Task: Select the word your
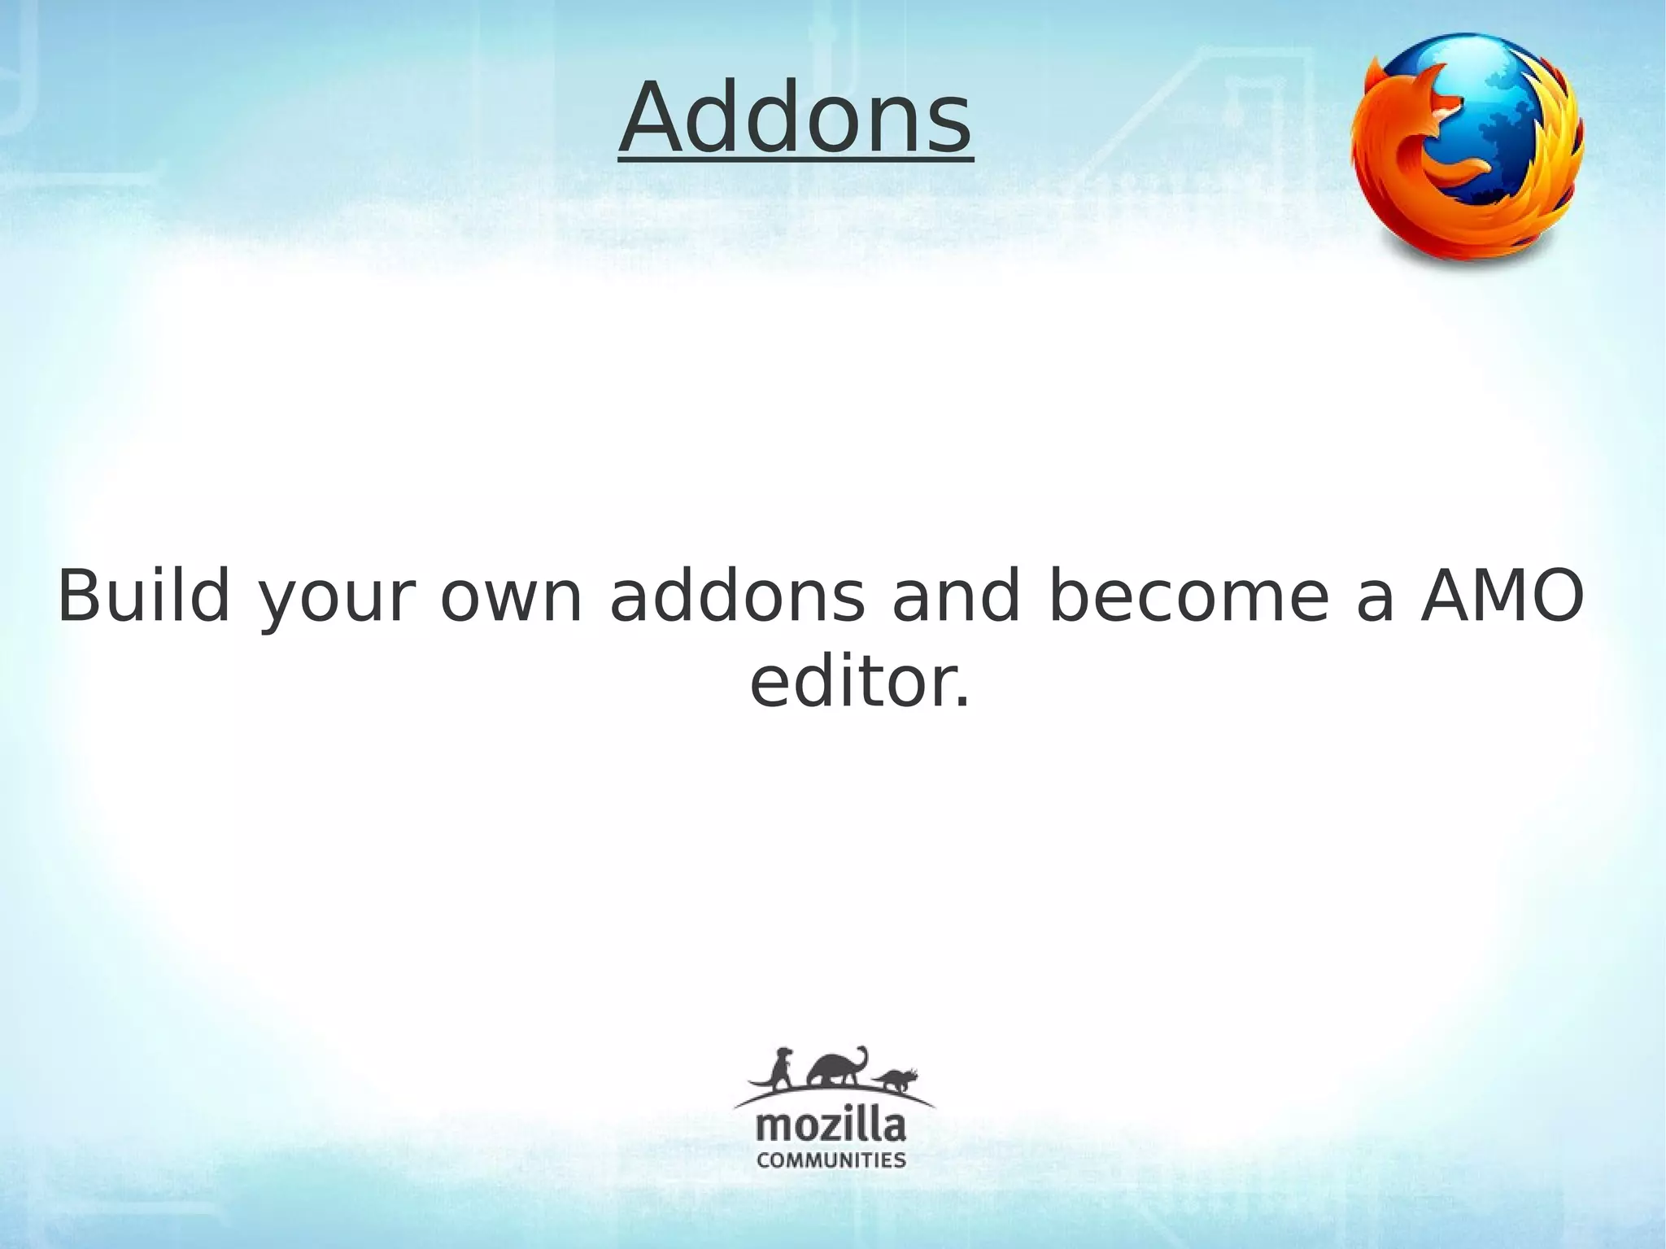(337, 602)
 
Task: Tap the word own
(512, 598)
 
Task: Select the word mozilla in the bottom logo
(831, 1128)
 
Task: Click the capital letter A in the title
(655, 120)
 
